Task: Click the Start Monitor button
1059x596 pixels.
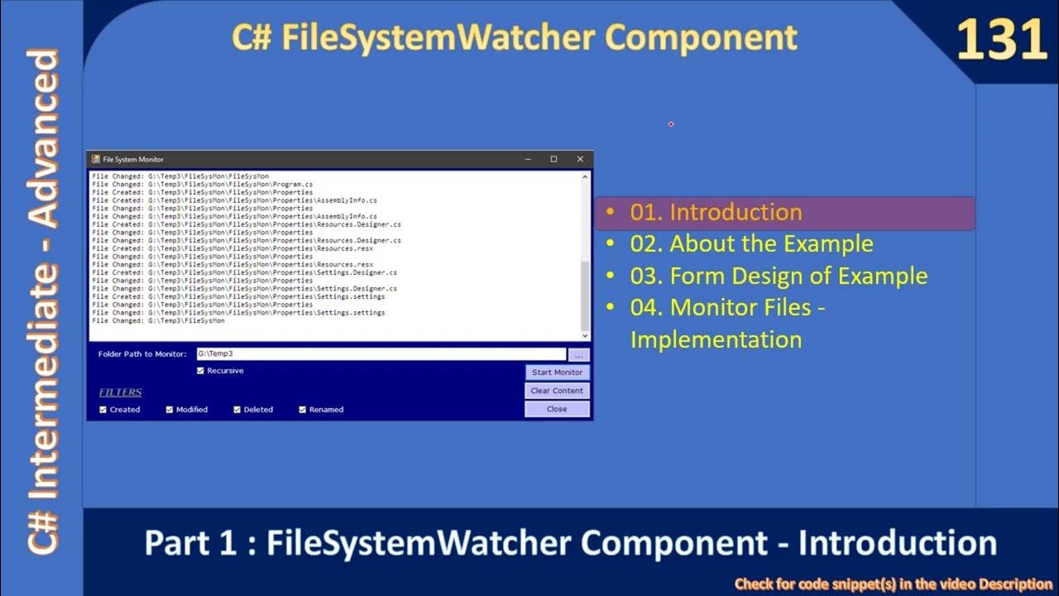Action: pyautogui.click(x=557, y=372)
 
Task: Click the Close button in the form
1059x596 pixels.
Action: pyautogui.click(x=557, y=409)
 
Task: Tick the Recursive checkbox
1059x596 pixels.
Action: pyautogui.click(x=200, y=371)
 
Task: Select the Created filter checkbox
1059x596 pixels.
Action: pyautogui.click(x=103, y=410)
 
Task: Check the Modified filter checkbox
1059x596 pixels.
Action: pyautogui.click(x=170, y=410)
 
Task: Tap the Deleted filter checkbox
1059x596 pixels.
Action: pyautogui.click(x=237, y=410)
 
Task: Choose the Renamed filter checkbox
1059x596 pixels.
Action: pyautogui.click(x=303, y=410)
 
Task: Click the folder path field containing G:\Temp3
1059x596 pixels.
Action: pyautogui.click(x=381, y=354)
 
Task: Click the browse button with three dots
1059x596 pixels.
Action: pyautogui.click(x=579, y=354)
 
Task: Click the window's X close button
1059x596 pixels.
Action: pyautogui.click(x=580, y=159)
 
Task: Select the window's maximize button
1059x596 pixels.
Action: pyautogui.click(x=553, y=159)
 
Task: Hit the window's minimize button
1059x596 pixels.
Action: pyautogui.click(x=528, y=159)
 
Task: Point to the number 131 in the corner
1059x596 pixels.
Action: pyautogui.click(x=1002, y=40)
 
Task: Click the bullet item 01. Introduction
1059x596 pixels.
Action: pyautogui.click(x=716, y=213)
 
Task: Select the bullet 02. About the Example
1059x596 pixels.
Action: pyautogui.click(x=751, y=244)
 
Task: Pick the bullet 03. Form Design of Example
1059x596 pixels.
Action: pyautogui.click(x=778, y=276)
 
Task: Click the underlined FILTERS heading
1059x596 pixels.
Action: pyautogui.click(x=121, y=392)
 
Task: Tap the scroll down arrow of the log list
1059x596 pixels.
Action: pyautogui.click(x=586, y=335)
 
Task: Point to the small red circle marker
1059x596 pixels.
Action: pyautogui.click(x=671, y=124)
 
